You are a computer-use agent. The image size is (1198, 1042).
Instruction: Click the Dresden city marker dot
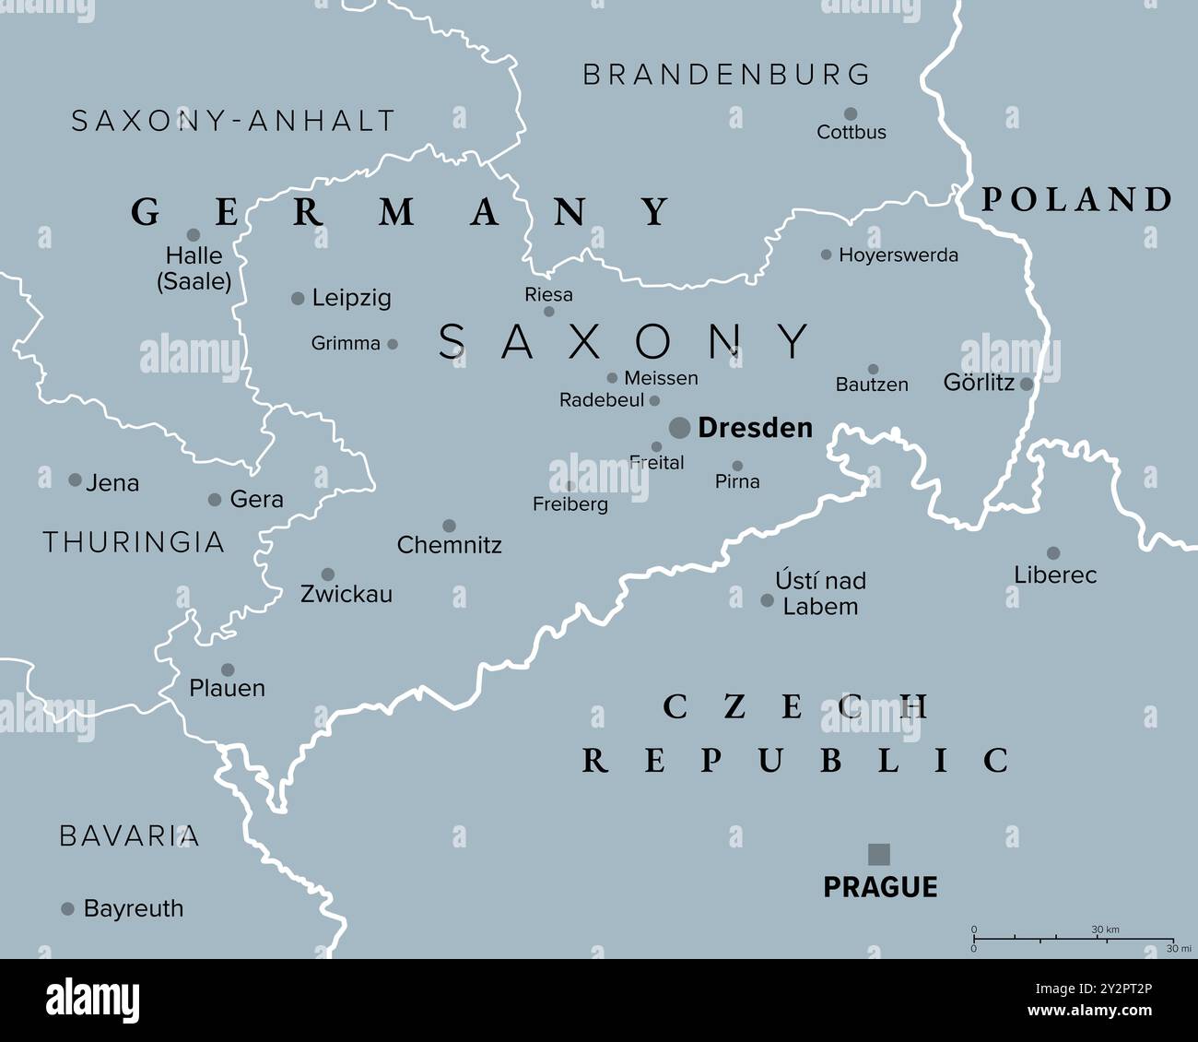(x=679, y=427)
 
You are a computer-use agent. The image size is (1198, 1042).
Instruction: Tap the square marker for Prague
(x=879, y=854)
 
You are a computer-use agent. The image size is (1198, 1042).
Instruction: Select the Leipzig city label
(x=351, y=298)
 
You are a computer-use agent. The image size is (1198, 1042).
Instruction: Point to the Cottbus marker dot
(x=851, y=114)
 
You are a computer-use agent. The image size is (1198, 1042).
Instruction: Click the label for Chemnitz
(x=449, y=545)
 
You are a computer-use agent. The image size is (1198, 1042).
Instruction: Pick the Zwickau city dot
(x=327, y=574)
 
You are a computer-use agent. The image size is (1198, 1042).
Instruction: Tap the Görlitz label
(x=979, y=383)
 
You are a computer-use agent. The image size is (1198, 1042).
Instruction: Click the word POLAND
(x=1075, y=199)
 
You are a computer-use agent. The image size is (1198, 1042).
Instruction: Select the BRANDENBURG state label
(x=726, y=75)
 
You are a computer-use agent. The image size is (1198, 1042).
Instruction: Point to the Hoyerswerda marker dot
(x=826, y=255)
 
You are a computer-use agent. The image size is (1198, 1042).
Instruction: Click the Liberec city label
(x=1055, y=575)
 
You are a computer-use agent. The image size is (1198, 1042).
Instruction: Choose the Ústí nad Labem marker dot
(x=767, y=600)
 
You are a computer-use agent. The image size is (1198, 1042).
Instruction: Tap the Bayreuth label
(x=134, y=908)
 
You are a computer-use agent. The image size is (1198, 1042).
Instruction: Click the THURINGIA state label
(x=134, y=542)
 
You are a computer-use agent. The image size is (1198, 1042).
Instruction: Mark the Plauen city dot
(x=227, y=669)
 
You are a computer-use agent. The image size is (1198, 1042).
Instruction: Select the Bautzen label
(x=872, y=385)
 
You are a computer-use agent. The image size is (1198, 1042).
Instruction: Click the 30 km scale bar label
(x=1105, y=930)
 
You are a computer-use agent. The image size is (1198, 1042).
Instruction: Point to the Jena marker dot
(x=75, y=480)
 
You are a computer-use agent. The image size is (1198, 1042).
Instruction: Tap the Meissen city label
(x=661, y=378)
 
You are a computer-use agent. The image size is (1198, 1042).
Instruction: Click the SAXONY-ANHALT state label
(x=233, y=121)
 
